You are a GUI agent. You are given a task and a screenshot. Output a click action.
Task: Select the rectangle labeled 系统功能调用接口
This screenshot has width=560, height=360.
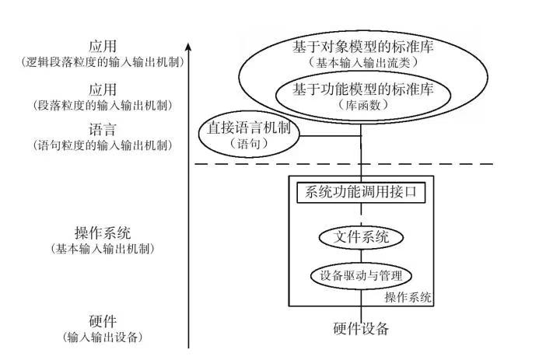[361, 191]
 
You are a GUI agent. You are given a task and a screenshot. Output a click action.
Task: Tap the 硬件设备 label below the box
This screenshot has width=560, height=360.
[361, 329]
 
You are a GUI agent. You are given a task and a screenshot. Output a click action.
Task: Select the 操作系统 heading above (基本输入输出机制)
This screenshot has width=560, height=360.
[103, 232]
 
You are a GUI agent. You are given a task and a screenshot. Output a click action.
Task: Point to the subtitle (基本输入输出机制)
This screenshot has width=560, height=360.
[103, 249]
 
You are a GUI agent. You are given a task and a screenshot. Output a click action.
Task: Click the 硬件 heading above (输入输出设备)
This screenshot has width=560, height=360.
[103, 321]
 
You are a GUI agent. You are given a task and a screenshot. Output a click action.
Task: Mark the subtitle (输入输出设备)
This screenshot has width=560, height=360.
[103, 337]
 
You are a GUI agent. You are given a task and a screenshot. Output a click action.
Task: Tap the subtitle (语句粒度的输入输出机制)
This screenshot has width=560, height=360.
[103, 145]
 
